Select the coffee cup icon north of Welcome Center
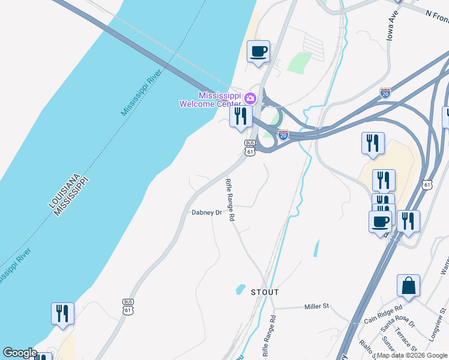pos(258,52)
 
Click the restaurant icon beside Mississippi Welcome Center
pos(241,116)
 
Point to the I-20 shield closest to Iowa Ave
pos(385,93)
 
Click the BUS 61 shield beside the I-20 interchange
pos(250,148)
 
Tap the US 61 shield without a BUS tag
pos(427,184)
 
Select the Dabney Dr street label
pos(206,212)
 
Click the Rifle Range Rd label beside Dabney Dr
pos(229,200)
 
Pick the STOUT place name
pos(265,292)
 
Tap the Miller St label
pos(317,306)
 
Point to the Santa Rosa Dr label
pos(394,324)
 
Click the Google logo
pos(20,353)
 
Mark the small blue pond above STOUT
pos(240,289)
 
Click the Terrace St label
pos(406,340)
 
